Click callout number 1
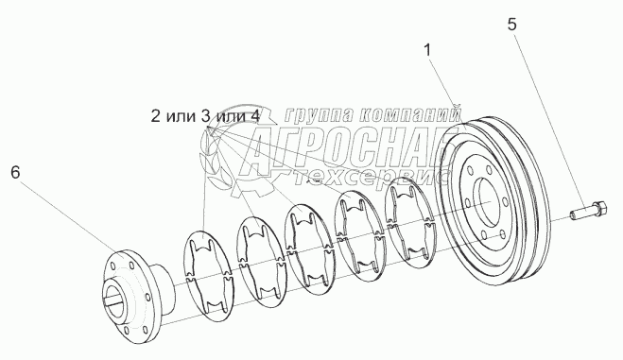[x=427, y=50]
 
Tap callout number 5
[x=512, y=25]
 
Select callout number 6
[x=15, y=172]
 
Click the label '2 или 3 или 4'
[x=205, y=116]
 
